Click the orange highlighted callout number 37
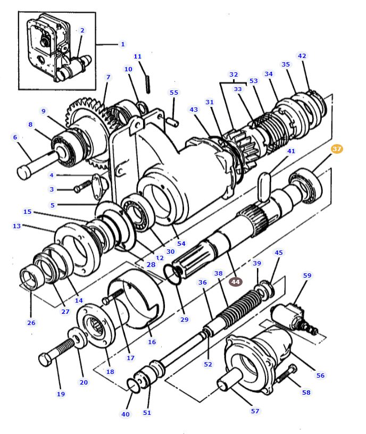tap(337, 149)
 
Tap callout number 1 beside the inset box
tap(122, 44)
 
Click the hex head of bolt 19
tap(45, 360)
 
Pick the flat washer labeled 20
tap(77, 339)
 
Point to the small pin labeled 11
tap(149, 82)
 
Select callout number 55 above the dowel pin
tap(173, 93)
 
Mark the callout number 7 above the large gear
tap(108, 78)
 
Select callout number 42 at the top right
tap(302, 56)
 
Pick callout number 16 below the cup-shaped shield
tap(152, 342)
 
